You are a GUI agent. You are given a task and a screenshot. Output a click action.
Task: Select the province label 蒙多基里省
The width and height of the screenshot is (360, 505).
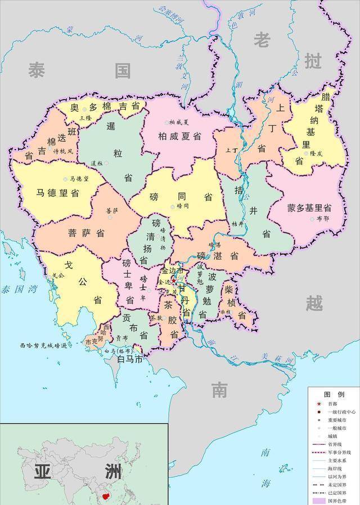(x=309, y=208)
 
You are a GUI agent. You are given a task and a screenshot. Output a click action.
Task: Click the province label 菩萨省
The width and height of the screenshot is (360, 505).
(x=86, y=233)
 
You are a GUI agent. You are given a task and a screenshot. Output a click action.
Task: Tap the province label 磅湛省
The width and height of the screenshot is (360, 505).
(x=218, y=255)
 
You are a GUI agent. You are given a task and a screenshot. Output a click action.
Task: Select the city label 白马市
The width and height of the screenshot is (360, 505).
(x=129, y=359)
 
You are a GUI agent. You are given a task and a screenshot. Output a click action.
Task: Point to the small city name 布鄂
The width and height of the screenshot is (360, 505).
(x=323, y=218)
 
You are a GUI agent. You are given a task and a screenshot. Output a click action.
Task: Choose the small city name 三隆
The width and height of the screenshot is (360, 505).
(x=85, y=118)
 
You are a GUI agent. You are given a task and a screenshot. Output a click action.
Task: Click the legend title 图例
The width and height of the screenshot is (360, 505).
(x=334, y=394)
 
